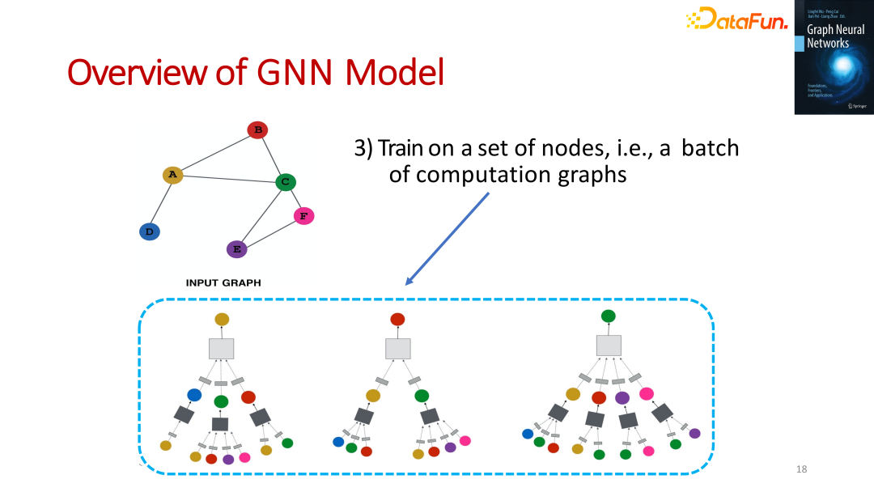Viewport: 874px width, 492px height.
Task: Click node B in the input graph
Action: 257,129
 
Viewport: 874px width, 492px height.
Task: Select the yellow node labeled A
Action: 172,175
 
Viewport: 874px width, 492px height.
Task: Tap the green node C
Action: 285,182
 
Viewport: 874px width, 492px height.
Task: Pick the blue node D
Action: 150,231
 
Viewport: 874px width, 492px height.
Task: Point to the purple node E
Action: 236,248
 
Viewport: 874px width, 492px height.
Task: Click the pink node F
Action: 303,216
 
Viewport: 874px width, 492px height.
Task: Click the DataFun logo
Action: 736,19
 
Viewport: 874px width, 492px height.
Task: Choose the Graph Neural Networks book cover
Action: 834,57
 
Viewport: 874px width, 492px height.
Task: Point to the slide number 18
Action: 802,469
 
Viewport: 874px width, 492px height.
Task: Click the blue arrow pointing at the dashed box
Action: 448,239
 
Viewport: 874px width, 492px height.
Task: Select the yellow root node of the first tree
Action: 222,320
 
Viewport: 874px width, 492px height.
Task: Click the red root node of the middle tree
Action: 397,319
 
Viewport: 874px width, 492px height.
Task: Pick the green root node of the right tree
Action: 609,316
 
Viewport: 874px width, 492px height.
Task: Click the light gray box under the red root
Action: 397,349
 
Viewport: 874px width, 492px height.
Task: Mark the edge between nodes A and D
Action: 161,203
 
